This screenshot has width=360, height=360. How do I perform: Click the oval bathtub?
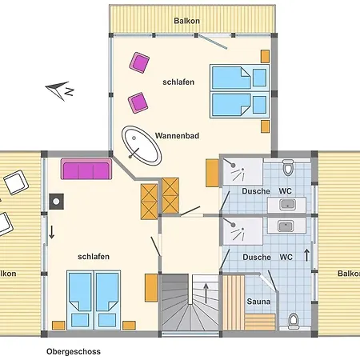142,146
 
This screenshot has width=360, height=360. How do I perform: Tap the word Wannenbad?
177,136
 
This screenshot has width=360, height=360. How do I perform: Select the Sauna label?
258,302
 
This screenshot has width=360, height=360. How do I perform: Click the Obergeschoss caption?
74,351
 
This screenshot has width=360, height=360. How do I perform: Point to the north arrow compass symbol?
60,90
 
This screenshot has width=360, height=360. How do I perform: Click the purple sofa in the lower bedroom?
86,169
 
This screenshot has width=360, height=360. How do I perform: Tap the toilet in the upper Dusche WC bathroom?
288,167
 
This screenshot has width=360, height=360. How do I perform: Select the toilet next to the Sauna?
294,321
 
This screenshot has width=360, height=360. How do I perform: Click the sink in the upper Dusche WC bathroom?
287,204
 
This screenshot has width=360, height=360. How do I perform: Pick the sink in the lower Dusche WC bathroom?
286,226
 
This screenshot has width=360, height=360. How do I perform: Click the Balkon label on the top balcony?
186,21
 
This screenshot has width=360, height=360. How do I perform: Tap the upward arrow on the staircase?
206,293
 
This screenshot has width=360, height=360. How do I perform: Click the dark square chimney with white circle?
56,202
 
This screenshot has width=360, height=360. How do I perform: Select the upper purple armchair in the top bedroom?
139,62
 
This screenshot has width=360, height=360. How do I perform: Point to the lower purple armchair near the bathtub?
138,102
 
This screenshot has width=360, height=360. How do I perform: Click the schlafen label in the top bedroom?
178,82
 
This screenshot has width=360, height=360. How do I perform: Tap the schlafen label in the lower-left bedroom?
94,257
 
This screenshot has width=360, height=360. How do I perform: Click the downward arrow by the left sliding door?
52,232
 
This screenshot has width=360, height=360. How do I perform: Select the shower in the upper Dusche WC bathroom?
242,171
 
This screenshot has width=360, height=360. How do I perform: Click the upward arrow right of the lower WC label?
306,255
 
